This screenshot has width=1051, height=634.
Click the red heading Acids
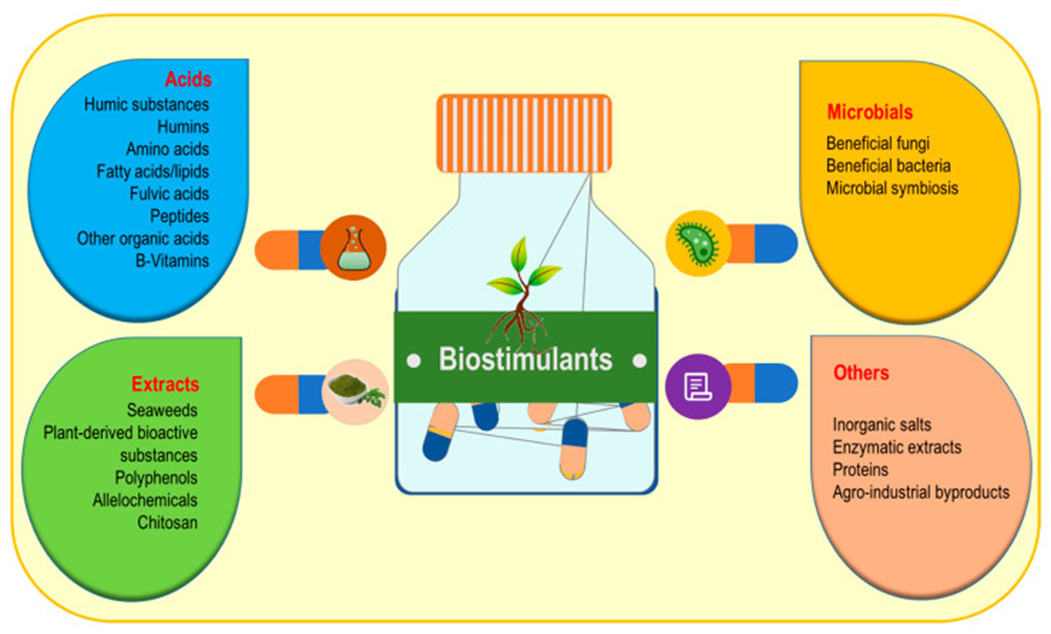pos(188,79)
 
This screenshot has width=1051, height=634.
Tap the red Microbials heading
pos(870,112)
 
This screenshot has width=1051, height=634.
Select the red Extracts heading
pos(165,384)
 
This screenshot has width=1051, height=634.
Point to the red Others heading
pos(861,373)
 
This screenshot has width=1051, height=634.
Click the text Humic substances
pos(147,105)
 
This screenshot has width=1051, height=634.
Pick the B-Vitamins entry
pos(172,261)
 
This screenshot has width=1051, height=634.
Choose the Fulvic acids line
pos(169,194)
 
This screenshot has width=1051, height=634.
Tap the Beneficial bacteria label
pos(888,166)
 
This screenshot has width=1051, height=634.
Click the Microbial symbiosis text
pos(893,188)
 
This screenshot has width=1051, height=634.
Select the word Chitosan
pos(168,522)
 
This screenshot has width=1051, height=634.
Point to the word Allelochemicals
pos(145,500)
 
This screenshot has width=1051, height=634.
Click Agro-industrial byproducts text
pos(921,492)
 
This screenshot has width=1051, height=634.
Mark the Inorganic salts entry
pos(882,425)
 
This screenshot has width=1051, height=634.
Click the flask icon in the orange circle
pos(354,248)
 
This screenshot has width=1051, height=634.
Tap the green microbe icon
pos(698,244)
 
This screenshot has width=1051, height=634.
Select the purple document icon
pos(698,387)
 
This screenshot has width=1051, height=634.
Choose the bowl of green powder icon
pos(355,392)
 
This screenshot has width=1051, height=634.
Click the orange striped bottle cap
pos(524,134)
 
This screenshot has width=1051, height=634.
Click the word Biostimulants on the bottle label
pos(525,359)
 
